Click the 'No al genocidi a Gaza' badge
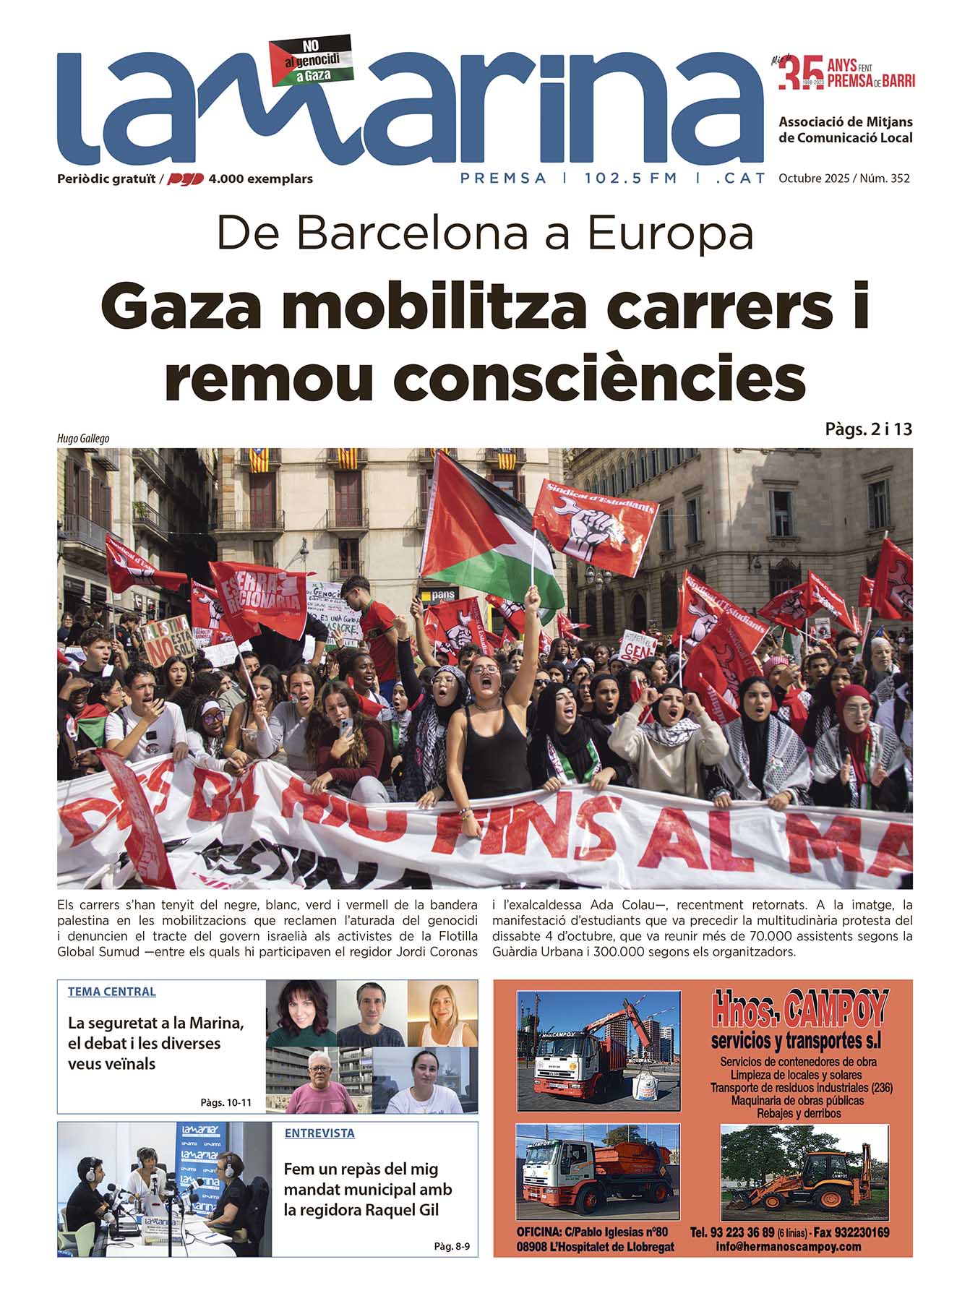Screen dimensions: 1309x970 point(310,59)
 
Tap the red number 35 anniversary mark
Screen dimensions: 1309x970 point(801,74)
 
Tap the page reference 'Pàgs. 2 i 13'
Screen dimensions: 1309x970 point(868,429)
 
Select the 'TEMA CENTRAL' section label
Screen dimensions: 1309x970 point(112,992)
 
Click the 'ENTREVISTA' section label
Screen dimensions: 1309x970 point(319,1133)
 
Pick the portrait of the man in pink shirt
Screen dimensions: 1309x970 point(319,1081)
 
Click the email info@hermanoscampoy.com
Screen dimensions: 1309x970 point(788,1247)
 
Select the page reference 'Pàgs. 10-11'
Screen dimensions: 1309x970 point(226,1103)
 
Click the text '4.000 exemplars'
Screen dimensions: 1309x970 point(260,179)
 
